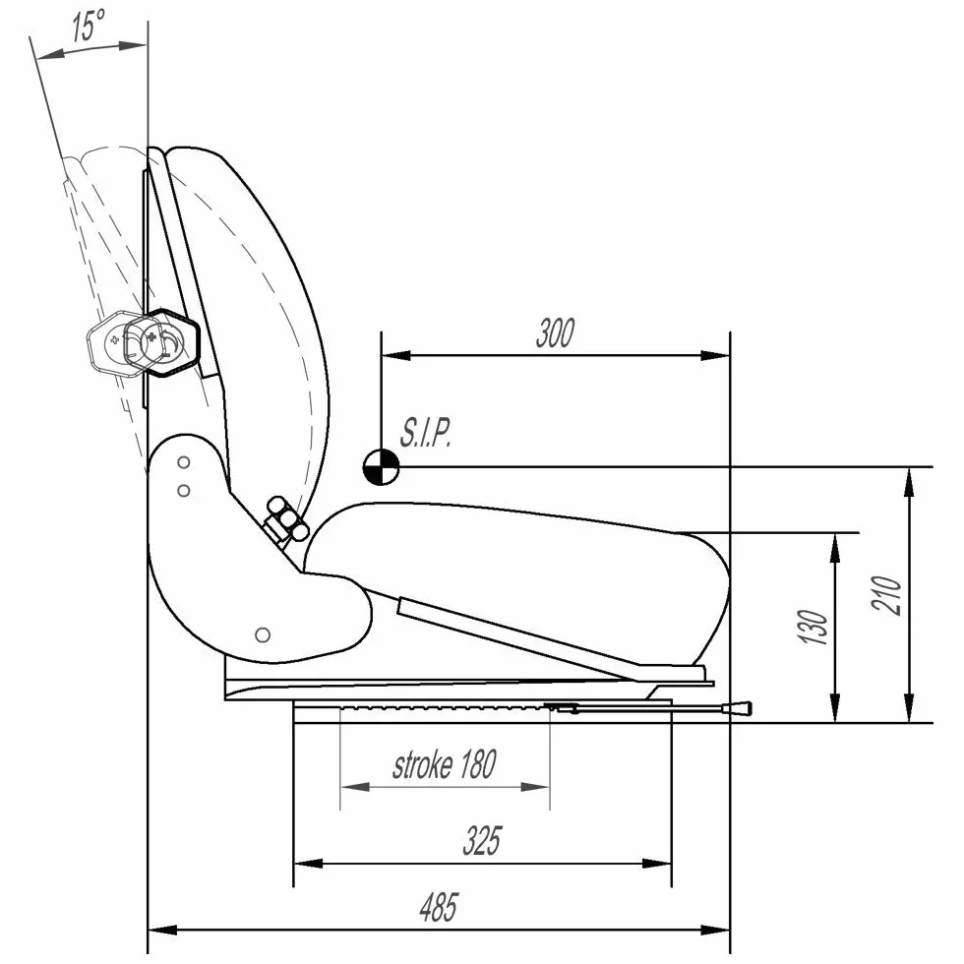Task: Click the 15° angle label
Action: pos(89,26)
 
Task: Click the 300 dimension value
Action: pos(555,332)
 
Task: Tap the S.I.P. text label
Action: pos(426,433)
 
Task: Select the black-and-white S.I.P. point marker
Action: pos(382,466)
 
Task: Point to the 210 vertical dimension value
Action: pos(886,595)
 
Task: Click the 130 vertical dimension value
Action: pos(813,628)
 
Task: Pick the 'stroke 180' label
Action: pos(445,764)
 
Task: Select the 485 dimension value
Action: pos(439,907)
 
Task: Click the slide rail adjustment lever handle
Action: pos(740,710)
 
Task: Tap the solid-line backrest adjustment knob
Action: pos(163,342)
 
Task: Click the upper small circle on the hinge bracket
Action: pos(183,461)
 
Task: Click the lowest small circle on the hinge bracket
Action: pos(263,634)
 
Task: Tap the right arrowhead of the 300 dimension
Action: pos(716,355)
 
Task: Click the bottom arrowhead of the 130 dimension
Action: pos(835,707)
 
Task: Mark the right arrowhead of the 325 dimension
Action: pos(657,864)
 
